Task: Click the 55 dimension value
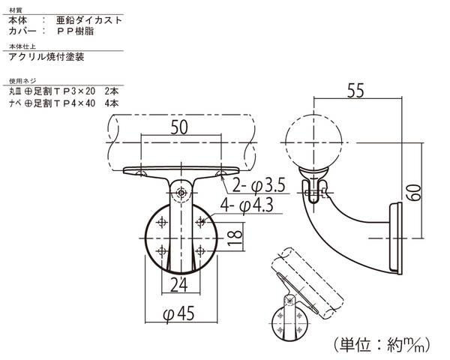[x=355, y=90]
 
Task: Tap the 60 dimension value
[x=413, y=193]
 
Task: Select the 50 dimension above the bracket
[x=179, y=127]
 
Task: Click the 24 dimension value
[x=179, y=285]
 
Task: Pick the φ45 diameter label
[x=178, y=313]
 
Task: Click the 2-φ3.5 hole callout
[x=259, y=185]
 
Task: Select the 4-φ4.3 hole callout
[x=247, y=205]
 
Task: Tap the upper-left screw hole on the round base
[x=163, y=222]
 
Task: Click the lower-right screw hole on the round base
[x=200, y=251]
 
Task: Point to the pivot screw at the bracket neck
[x=181, y=193]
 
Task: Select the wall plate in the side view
[x=396, y=238]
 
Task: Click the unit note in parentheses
[x=382, y=344]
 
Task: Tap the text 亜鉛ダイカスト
[x=89, y=20]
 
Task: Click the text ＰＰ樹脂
[x=75, y=31]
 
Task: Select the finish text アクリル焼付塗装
[x=46, y=57]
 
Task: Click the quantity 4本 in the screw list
[x=112, y=103]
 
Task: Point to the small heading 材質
[x=16, y=10]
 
